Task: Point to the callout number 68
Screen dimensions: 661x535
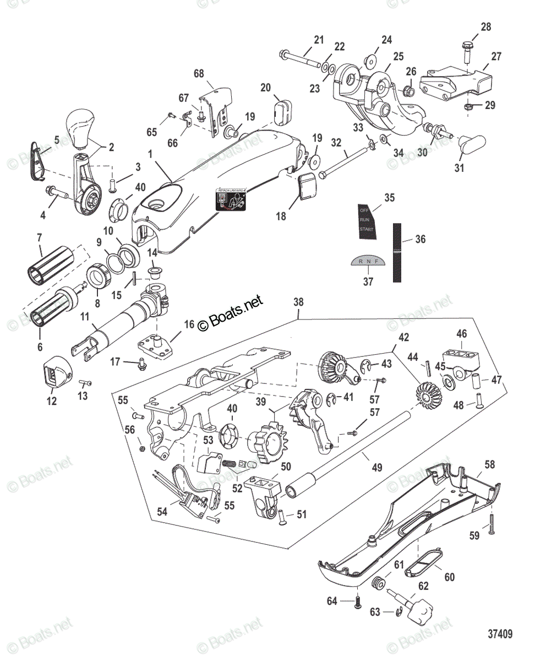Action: pos(199,73)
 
